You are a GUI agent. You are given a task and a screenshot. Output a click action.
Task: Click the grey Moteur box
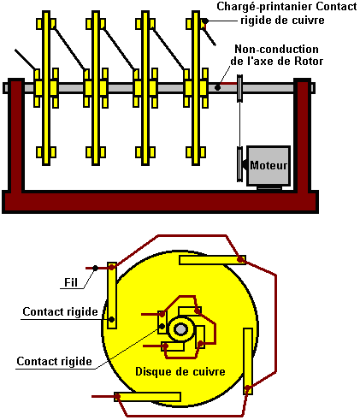click(269, 166)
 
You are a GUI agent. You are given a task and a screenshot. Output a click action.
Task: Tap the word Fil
click(71, 282)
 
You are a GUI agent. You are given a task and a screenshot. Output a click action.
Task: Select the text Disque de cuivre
click(180, 371)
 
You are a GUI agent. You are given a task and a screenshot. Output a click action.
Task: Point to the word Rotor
click(309, 62)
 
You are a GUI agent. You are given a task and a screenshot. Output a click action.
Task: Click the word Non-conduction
click(276, 49)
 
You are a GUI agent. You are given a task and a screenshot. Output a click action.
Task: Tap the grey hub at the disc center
click(180, 329)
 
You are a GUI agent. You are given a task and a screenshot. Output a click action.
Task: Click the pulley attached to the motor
click(239, 164)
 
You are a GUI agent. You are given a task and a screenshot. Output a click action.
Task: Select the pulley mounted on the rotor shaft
click(239, 88)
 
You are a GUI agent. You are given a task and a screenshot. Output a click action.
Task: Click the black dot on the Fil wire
click(95, 269)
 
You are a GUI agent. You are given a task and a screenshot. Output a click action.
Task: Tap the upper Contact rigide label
click(60, 311)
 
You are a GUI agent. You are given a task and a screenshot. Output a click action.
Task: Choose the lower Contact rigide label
click(54, 361)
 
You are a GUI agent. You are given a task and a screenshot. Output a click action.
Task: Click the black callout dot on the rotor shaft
click(217, 87)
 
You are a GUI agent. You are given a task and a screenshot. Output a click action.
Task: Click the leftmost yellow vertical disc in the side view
click(46, 88)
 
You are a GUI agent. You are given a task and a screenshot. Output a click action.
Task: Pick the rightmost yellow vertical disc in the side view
click(196, 88)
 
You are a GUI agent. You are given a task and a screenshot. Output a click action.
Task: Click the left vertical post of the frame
click(16, 135)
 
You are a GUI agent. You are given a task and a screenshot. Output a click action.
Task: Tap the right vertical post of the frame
click(303, 135)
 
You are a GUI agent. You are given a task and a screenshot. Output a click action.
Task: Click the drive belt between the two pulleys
click(239, 124)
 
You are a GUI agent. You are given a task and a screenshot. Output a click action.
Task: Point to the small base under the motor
click(269, 188)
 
